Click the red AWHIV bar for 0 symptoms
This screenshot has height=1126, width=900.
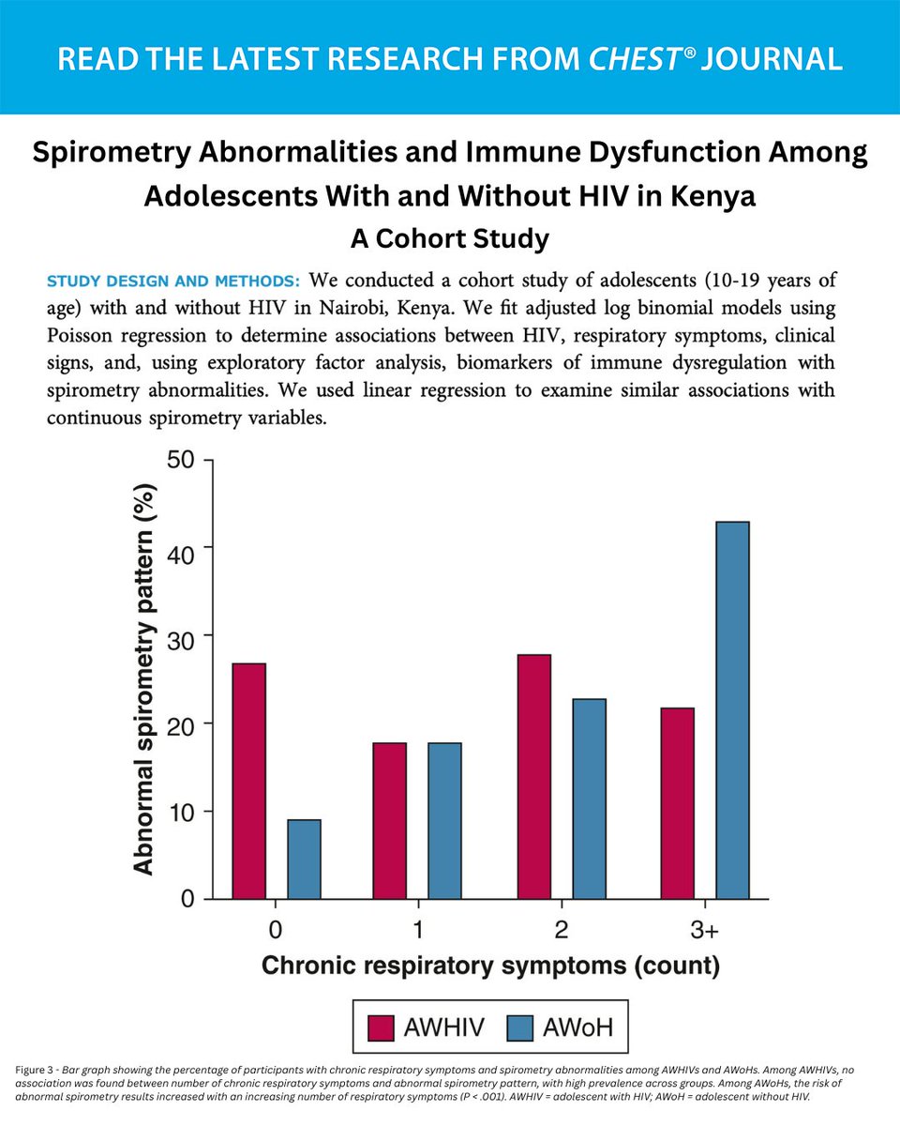[x=248, y=781]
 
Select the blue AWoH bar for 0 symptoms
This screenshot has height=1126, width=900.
[x=304, y=859]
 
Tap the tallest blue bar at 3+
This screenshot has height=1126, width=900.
[x=732, y=710]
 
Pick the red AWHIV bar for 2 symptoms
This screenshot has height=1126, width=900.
[x=533, y=776]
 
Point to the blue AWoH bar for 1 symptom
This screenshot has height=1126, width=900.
[x=444, y=820]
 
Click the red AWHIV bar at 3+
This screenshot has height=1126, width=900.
[x=677, y=803]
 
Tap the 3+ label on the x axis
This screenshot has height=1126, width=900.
[x=703, y=930]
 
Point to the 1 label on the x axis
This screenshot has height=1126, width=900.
[x=417, y=930]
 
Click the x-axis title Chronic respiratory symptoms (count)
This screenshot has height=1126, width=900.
[x=489, y=966]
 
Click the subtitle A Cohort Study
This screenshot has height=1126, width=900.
[x=449, y=238]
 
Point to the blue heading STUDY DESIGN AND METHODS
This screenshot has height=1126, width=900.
[x=172, y=281]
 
